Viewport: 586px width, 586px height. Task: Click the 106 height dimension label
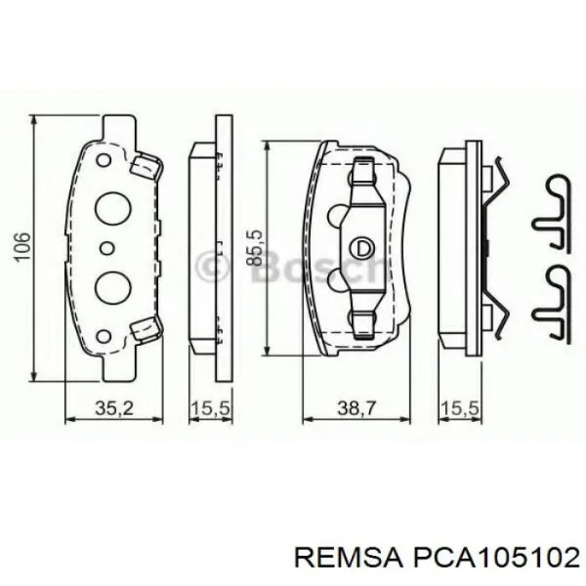click(21, 246)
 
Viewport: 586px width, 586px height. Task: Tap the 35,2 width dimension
click(114, 408)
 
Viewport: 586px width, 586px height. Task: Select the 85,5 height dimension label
click(255, 248)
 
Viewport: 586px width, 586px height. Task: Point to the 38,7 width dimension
click(356, 408)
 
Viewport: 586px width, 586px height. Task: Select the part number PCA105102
click(495, 560)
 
